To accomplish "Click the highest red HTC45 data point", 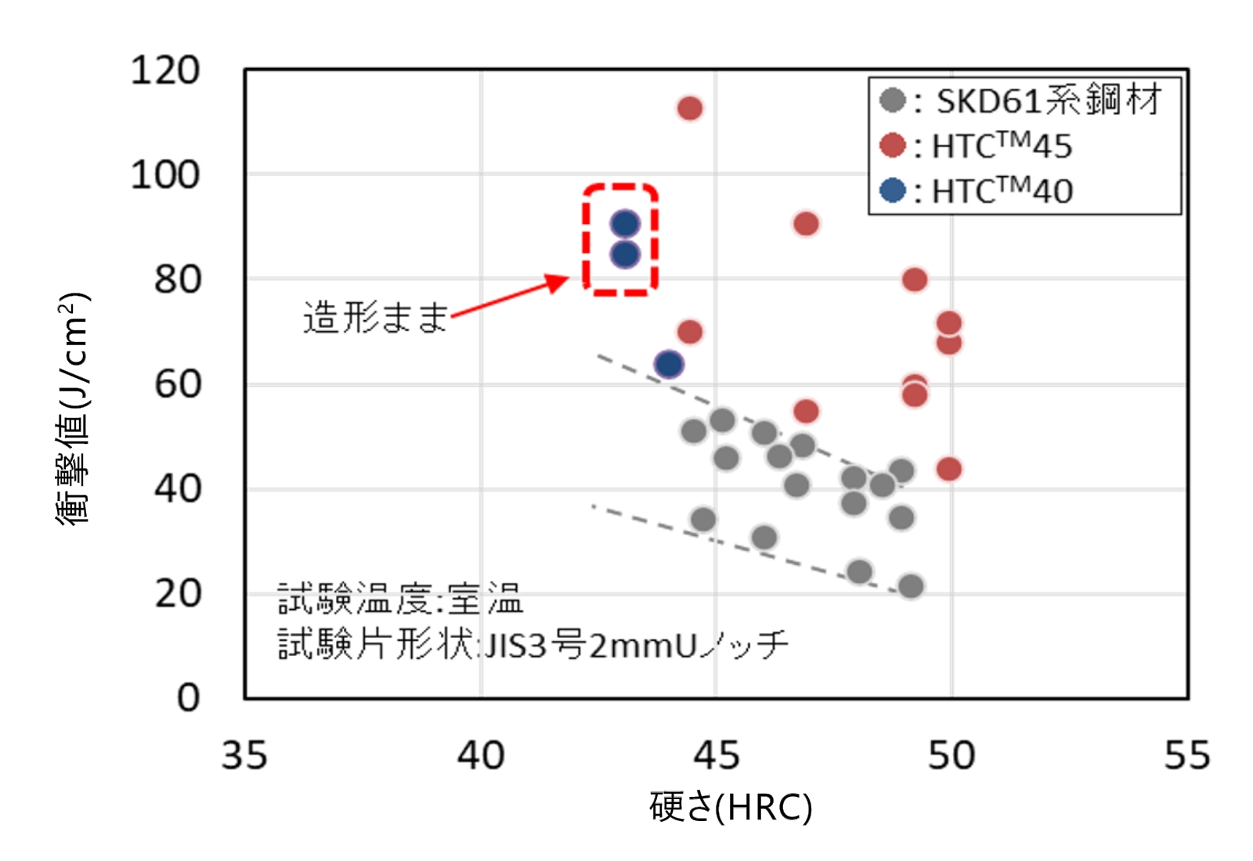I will (689, 108).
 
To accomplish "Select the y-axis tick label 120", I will (165, 70).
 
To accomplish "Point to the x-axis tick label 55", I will (1186, 755).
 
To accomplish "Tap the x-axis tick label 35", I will (244, 755).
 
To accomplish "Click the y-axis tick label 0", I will (188, 697).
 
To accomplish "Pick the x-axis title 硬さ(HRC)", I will (731, 807).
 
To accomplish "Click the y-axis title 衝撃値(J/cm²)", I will (74, 407).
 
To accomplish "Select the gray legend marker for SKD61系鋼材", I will (893, 100).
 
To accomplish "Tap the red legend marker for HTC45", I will (893, 146).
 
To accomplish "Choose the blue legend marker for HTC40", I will (893, 190).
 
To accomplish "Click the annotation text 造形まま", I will (375, 318).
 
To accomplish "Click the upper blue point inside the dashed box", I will (625, 224).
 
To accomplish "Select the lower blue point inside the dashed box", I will (625, 254).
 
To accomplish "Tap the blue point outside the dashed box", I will (669, 364).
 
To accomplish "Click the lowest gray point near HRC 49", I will (910, 585).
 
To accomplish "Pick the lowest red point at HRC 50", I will (948, 469).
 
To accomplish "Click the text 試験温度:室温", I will (399, 600).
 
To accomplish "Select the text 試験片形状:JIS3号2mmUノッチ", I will (533, 645).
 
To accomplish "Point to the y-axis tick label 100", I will (165, 175).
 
